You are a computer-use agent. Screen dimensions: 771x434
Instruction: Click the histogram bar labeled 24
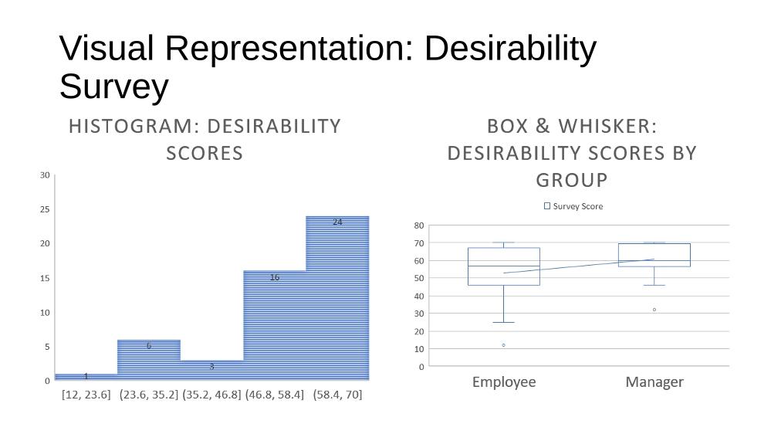click(x=337, y=297)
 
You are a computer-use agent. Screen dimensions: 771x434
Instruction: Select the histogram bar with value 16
click(x=275, y=325)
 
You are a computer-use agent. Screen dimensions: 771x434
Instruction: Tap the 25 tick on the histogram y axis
click(x=45, y=209)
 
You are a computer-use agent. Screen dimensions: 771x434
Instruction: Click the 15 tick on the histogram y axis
click(x=45, y=278)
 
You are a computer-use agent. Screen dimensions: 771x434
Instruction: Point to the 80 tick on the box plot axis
click(x=419, y=225)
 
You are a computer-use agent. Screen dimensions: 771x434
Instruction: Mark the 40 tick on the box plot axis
click(x=419, y=297)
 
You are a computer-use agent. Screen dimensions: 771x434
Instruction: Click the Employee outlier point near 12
click(x=503, y=345)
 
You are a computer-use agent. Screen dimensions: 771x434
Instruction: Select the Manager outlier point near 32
click(x=654, y=310)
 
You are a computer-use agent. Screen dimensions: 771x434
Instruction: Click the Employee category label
click(x=504, y=381)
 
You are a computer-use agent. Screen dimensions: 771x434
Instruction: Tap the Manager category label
click(x=654, y=381)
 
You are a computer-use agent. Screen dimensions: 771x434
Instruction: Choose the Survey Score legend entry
click(x=573, y=206)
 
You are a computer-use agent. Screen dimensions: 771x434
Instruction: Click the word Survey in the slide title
click(x=114, y=86)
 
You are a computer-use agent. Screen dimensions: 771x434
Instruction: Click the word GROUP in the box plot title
click(x=572, y=180)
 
